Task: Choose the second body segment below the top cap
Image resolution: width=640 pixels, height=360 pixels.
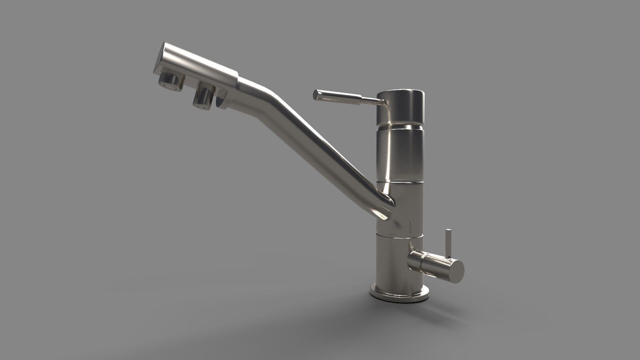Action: [400, 153]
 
